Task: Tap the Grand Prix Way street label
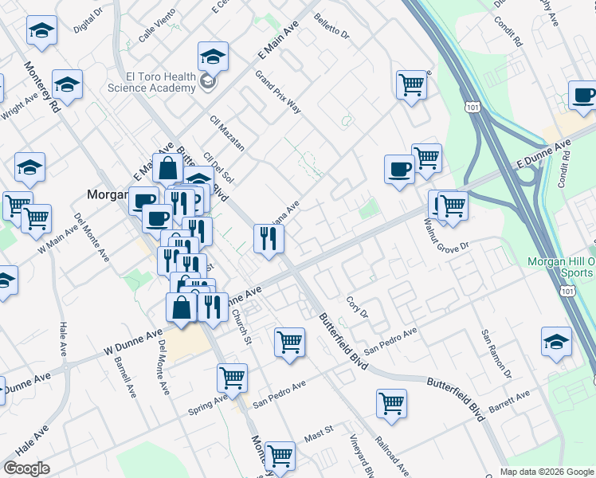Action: click(277, 92)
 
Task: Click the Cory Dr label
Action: click(357, 308)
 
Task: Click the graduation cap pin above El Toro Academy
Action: click(213, 57)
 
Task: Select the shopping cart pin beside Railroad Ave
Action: click(391, 404)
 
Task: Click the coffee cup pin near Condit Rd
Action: click(583, 96)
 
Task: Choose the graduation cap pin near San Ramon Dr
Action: click(556, 343)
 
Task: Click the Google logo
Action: click(26, 468)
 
